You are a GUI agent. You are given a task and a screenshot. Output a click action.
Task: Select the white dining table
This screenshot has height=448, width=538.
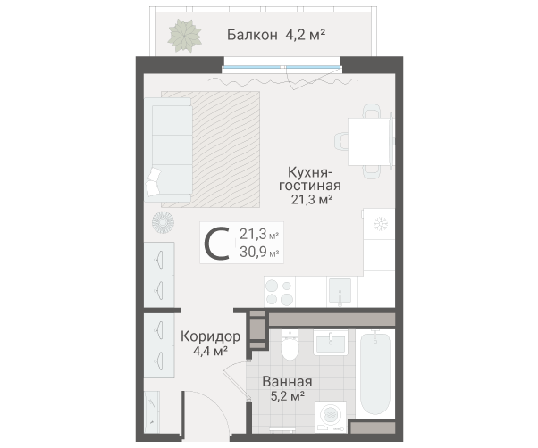coord(368,140)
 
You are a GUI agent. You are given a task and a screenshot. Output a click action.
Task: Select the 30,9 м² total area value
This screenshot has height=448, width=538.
coord(259,253)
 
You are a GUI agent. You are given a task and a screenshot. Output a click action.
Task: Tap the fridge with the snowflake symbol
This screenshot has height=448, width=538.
coord(381,223)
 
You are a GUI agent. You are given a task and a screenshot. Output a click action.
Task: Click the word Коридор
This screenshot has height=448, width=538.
coord(210,336)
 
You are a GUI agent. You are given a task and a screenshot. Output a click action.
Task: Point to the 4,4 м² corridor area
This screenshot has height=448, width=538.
coord(210,352)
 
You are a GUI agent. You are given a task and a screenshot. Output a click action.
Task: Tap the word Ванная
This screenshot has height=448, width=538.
coord(287,380)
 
